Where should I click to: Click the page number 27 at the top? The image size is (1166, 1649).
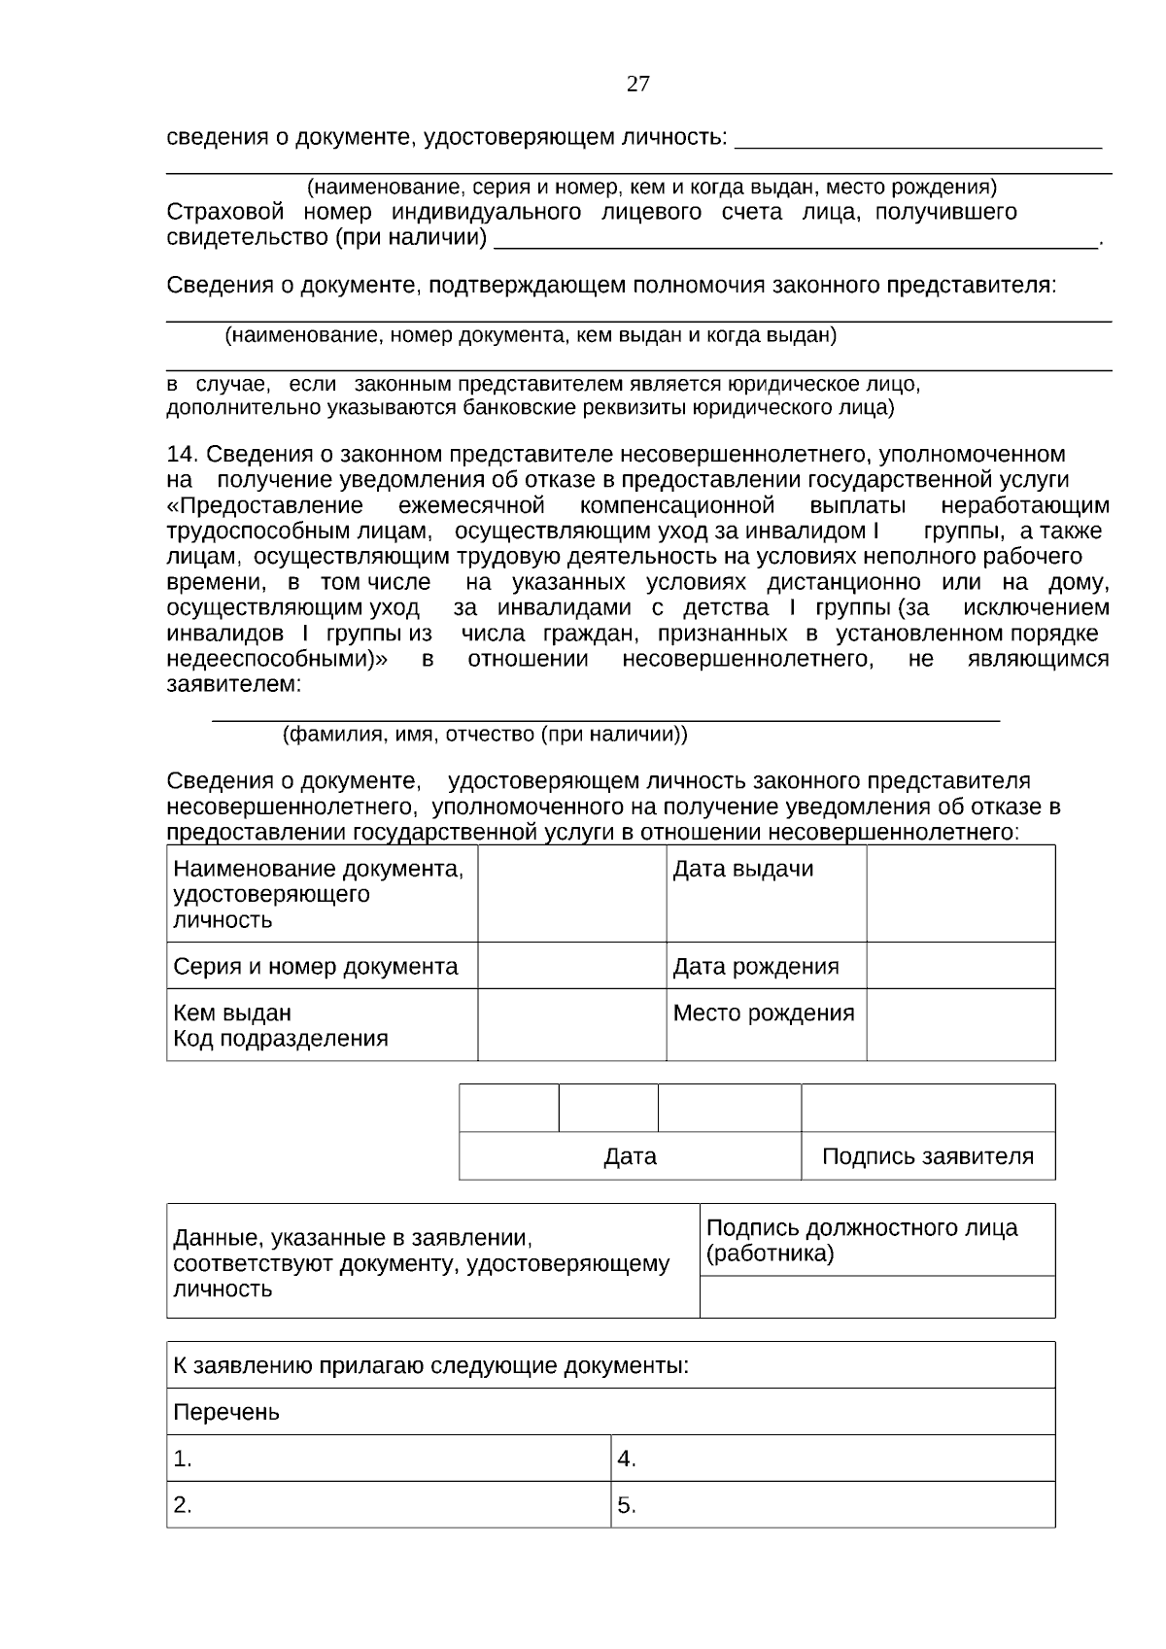(637, 84)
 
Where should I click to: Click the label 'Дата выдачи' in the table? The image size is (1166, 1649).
(742, 870)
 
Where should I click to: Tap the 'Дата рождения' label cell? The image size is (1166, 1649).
(755, 967)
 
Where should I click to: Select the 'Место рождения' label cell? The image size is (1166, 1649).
(764, 1013)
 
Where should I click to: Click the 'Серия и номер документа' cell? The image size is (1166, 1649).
(315, 967)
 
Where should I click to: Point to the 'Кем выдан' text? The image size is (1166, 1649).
(231, 1013)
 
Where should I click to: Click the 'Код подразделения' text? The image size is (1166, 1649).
(280, 1039)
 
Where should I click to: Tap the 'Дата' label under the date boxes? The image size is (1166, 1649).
(630, 1157)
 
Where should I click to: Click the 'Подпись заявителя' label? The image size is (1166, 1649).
(927, 1157)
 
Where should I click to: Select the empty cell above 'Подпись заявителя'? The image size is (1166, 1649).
(927, 1109)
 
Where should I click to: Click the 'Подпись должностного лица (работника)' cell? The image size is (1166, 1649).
(861, 1241)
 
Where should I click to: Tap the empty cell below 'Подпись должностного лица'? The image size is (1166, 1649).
(876, 1297)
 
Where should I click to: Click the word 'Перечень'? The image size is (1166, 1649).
(225, 1413)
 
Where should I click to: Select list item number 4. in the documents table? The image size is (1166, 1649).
(627, 1460)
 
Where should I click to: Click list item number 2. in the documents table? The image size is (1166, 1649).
(183, 1506)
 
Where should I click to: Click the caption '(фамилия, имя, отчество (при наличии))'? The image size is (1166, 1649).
(485, 735)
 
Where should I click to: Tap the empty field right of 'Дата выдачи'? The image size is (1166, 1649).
(960, 893)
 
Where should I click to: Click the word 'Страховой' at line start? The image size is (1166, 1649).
(225, 213)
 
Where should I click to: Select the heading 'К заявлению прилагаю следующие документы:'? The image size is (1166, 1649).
(430, 1366)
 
